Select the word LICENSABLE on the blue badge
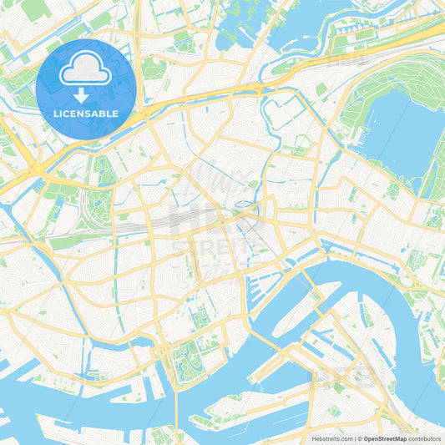click(x=86, y=113)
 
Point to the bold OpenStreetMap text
click(x=383, y=437)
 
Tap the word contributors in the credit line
click(x=425, y=437)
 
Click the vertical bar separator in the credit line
click(x=355, y=437)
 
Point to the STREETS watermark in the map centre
click(x=219, y=244)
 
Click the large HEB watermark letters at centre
click(x=205, y=219)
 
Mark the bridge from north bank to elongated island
click(x=316, y=291)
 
